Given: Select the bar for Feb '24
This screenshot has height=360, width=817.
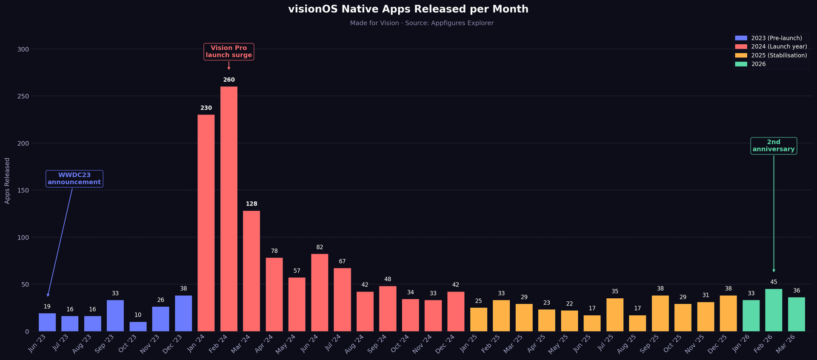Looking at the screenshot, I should pyautogui.click(x=229, y=209).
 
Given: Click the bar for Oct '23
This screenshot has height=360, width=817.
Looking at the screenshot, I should pyautogui.click(x=138, y=326).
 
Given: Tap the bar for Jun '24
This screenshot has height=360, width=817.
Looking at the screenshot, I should pyautogui.click(x=320, y=292).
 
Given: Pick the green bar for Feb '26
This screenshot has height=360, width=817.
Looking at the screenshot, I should pyautogui.click(x=774, y=310).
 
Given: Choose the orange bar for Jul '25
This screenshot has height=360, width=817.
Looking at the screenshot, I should pyautogui.click(x=614, y=314).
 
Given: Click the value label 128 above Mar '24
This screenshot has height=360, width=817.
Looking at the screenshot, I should pyautogui.click(x=251, y=204).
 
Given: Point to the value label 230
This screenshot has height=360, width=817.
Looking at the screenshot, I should pyautogui.click(x=206, y=108).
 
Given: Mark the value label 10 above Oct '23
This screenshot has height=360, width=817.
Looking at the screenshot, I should pyautogui.click(x=138, y=315).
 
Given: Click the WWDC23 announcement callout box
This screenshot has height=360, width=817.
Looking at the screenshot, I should pyautogui.click(x=74, y=179).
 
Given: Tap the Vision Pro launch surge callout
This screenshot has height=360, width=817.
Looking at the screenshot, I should pyautogui.click(x=229, y=51).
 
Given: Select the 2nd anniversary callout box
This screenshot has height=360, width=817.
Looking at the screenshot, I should pyautogui.click(x=773, y=146).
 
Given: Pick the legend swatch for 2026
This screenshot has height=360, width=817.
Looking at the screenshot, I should pyautogui.click(x=741, y=64).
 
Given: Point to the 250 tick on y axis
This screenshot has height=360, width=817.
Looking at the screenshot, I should pyautogui.click(x=23, y=96).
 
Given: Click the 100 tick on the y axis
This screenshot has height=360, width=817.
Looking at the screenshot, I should pyautogui.click(x=23, y=237).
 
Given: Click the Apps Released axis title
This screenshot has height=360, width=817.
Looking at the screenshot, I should pyautogui.click(x=7, y=180).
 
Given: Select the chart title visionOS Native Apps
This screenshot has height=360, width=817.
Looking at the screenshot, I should pyautogui.click(x=408, y=9).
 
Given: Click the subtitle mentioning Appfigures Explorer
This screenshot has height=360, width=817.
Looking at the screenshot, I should pyautogui.click(x=421, y=23).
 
